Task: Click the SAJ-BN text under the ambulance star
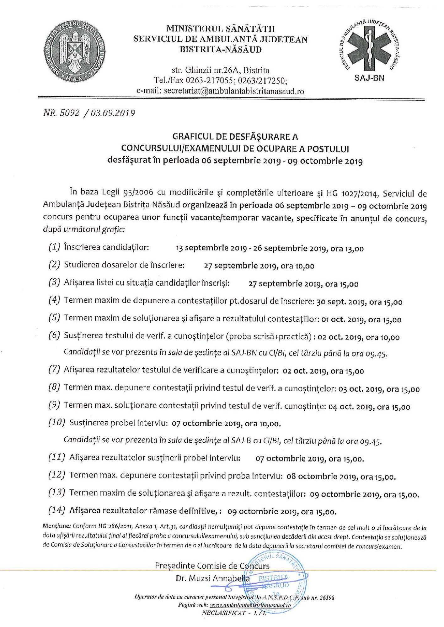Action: (369, 78)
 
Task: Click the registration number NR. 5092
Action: (62, 113)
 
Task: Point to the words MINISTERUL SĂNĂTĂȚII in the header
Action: (220, 29)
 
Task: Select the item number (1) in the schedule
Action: (54, 247)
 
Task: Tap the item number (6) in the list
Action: (54, 335)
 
